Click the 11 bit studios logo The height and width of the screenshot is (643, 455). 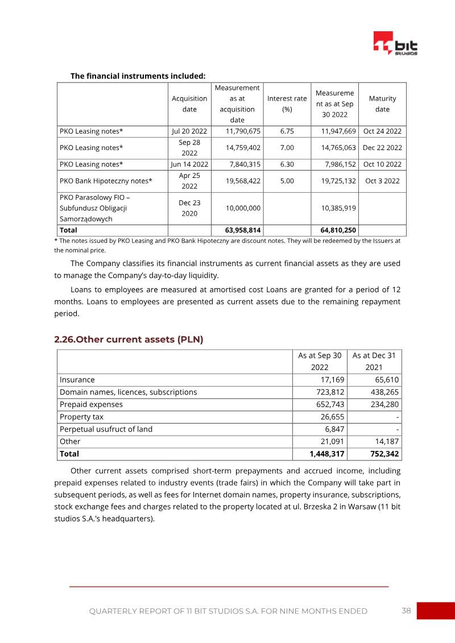[395, 44]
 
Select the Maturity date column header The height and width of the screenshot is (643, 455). [382, 103]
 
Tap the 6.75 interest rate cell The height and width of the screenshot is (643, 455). [287, 131]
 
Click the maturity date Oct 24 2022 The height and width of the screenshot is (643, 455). [382, 131]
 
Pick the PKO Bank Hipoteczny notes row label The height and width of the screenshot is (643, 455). [106, 181]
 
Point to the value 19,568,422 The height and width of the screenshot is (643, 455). [243, 181]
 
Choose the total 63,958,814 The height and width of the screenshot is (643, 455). [243, 230]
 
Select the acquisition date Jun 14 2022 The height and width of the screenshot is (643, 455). [189, 164]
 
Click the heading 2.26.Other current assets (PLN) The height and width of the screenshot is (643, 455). [129, 339]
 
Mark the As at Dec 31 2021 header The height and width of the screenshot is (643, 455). [374, 361]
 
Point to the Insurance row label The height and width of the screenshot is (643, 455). [77, 380]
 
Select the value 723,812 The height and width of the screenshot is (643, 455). [330, 392]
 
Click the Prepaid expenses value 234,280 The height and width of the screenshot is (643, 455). [384, 404]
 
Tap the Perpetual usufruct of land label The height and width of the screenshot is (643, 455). [106, 429]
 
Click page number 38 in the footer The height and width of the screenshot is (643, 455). [406, 611]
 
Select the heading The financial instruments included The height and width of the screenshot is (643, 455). [138, 76]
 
